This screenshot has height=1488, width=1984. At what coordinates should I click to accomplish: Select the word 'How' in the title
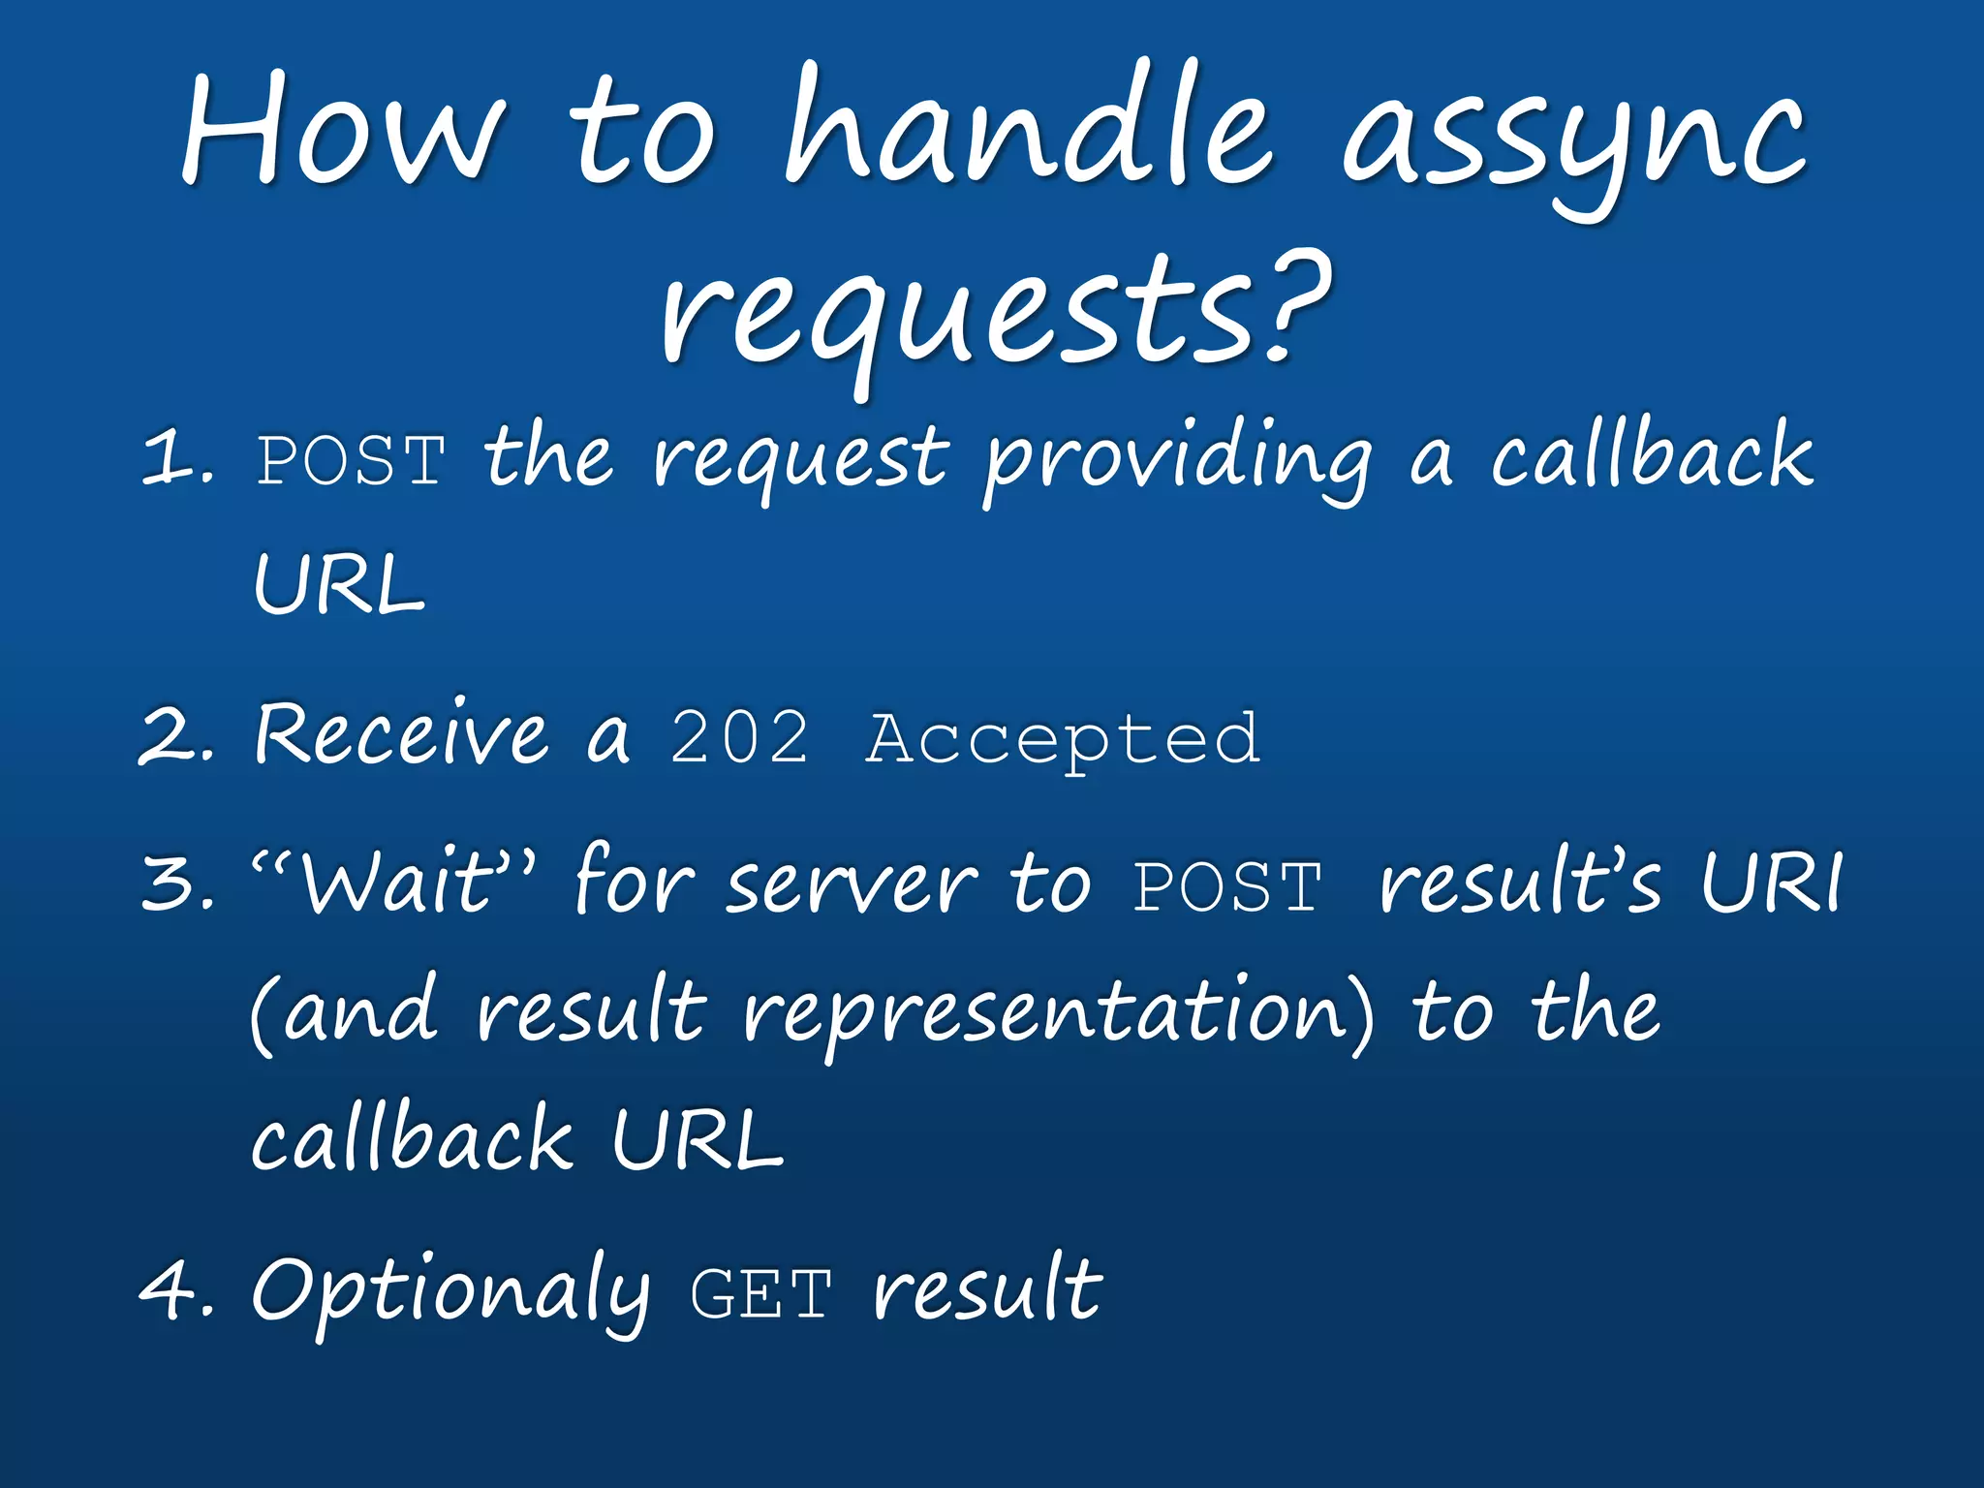pyautogui.click(x=344, y=131)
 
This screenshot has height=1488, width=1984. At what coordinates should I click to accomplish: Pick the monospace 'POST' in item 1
pyautogui.click(x=351, y=461)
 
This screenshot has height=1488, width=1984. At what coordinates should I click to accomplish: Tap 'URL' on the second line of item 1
pyautogui.click(x=339, y=585)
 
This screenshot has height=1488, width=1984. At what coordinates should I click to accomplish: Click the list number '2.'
pyautogui.click(x=177, y=736)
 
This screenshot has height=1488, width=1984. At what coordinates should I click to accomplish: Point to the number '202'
pyautogui.click(x=739, y=738)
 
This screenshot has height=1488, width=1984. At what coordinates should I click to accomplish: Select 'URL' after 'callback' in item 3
pyautogui.click(x=697, y=1139)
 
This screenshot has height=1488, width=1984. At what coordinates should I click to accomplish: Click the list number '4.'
pyautogui.click(x=177, y=1291)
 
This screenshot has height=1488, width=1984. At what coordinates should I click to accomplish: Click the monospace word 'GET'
pyautogui.click(x=760, y=1294)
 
